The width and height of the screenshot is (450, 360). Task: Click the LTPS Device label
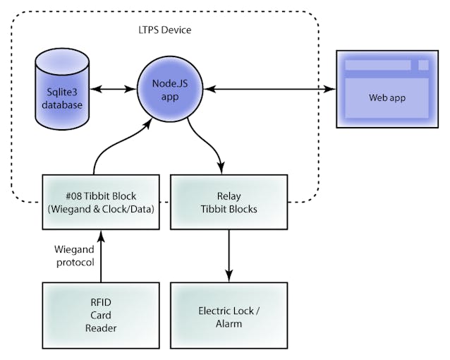(x=165, y=30)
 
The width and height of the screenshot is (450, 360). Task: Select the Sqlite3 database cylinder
(x=62, y=89)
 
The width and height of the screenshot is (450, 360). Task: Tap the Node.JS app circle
(x=170, y=90)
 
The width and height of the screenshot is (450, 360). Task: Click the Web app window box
(x=387, y=89)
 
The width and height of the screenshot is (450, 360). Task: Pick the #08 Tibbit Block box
(x=101, y=202)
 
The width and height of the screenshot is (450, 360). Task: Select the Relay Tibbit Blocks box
(x=229, y=202)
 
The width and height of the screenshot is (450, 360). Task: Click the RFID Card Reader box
(x=101, y=316)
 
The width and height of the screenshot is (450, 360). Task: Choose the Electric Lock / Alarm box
(x=229, y=316)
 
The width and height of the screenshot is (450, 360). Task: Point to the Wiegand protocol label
(x=75, y=256)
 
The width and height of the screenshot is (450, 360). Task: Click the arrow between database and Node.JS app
(x=113, y=89)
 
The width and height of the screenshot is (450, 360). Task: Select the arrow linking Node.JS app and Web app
(x=269, y=89)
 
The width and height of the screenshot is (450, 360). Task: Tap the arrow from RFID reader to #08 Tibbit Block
(x=101, y=256)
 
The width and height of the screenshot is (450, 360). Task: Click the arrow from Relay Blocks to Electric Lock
(x=229, y=256)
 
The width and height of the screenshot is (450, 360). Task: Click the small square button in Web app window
(x=423, y=65)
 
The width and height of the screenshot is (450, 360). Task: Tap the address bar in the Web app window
(x=377, y=65)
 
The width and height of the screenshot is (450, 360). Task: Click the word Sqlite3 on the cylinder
(x=62, y=92)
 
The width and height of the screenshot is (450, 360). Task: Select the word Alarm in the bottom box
(x=229, y=324)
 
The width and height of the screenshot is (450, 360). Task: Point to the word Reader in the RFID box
(x=101, y=328)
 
